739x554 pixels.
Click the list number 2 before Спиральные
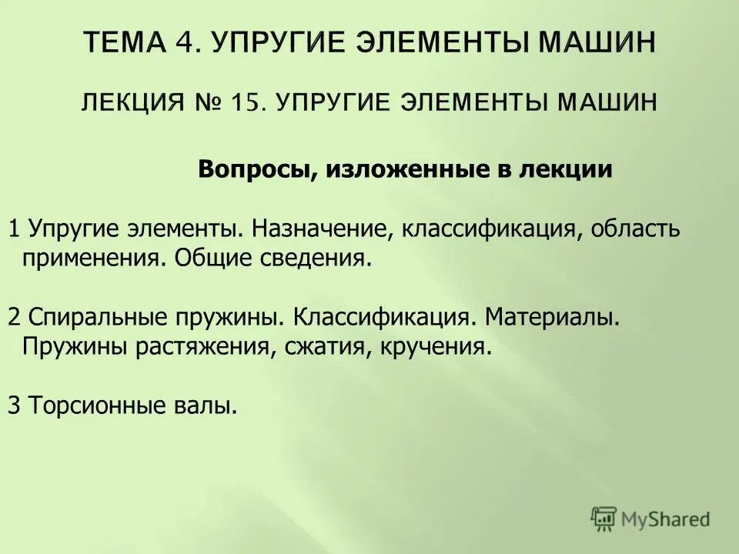click(x=14, y=317)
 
